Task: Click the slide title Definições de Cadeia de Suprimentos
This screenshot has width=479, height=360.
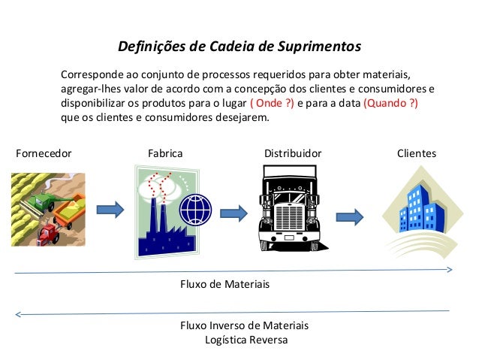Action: (x=239, y=47)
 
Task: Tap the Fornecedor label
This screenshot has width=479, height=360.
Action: (x=44, y=153)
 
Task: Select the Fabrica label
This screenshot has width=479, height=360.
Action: (x=164, y=153)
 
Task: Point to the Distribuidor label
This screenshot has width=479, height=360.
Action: (x=293, y=153)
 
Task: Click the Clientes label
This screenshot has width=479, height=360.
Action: (x=416, y=153)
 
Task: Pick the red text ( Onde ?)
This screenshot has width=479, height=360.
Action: (x=271, y=104)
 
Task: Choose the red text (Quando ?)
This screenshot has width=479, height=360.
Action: (x=391, y=104)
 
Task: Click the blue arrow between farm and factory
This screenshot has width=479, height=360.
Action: (x=110, y=208)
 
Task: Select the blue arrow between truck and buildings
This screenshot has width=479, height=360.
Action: (x=350, y=217)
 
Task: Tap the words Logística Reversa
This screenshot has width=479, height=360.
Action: (x=246, y=339)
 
